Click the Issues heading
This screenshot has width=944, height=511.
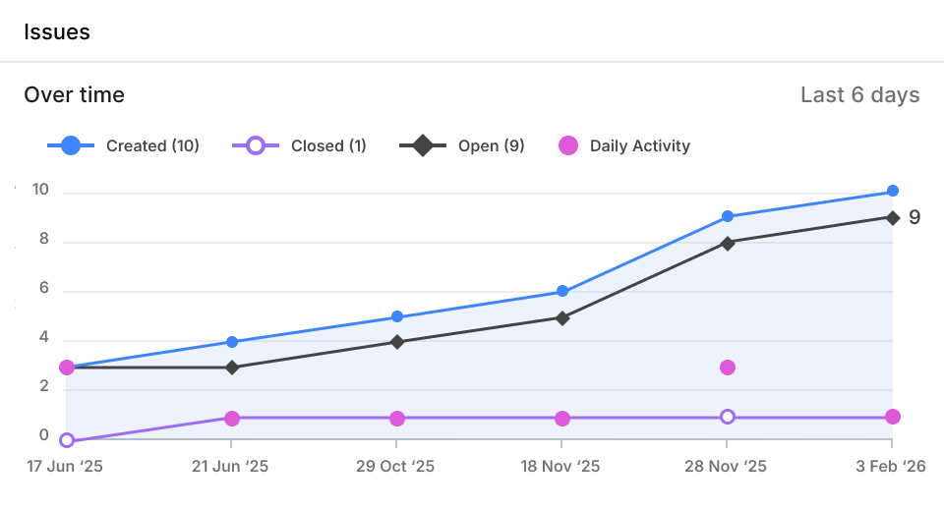(x=57, y=31)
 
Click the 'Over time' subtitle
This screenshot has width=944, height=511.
(x=75, y=95)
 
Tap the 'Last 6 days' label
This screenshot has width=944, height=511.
(x=859, y=95)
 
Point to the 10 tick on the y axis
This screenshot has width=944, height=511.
(x=40, y=191)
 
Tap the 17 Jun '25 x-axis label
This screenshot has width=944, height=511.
(x=65, y=467)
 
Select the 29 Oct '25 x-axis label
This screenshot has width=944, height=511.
(x=396, y=467)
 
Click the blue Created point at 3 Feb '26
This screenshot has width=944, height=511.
(x=893, y=191)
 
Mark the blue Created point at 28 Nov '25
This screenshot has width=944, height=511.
(x=728, y=216)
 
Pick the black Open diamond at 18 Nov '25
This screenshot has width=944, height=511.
(x=562, y=317)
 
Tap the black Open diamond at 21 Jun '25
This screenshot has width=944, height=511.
(x=232, y=368)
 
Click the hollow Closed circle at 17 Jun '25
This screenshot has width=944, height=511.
(x=67, y=440)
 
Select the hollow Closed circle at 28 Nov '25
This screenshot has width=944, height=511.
(x=728, y=417)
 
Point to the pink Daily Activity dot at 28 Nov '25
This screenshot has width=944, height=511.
(x=728, y=368)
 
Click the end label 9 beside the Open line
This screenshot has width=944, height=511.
(x=914, y=217)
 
